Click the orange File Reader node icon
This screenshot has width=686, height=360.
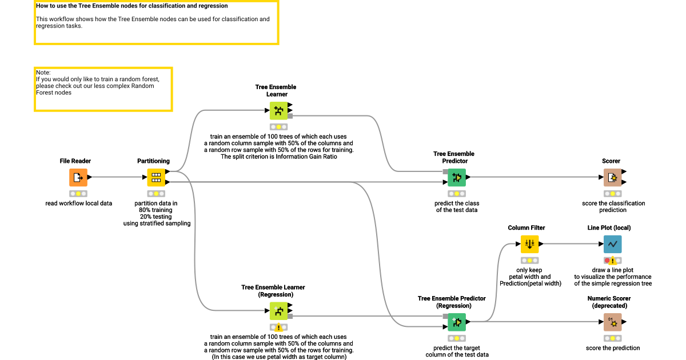click(78, 178)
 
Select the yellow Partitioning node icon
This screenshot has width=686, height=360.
click(156, 178)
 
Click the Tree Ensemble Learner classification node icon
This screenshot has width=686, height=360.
click(278, 111)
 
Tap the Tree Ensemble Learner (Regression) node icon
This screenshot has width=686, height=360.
click(278, 311)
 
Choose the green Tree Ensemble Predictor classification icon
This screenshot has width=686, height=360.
click(457, 178)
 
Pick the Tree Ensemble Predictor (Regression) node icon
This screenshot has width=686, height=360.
click(457, 322)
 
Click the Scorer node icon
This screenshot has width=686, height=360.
click(613, 178)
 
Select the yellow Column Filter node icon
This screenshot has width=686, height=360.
click(530, 244)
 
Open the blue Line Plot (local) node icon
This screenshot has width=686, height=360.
click(613, 244)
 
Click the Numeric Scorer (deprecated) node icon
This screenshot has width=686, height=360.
click(613, 322)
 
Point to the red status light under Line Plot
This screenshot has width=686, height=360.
click(607, 261)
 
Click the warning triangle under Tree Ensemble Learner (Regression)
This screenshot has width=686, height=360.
click(278, 327)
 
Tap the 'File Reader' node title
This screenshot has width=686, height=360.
click(75, 161)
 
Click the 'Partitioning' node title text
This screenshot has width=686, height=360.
click(153, 161)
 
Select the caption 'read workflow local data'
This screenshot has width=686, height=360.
click(79, 203)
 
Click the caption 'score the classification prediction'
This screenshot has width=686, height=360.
click(613, 206)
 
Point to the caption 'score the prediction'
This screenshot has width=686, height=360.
click(613, 348)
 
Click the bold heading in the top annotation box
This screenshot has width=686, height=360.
click(132, 6)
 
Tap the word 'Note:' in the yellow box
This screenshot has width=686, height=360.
click(43, 73)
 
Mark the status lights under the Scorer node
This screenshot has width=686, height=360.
click(613, 194)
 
